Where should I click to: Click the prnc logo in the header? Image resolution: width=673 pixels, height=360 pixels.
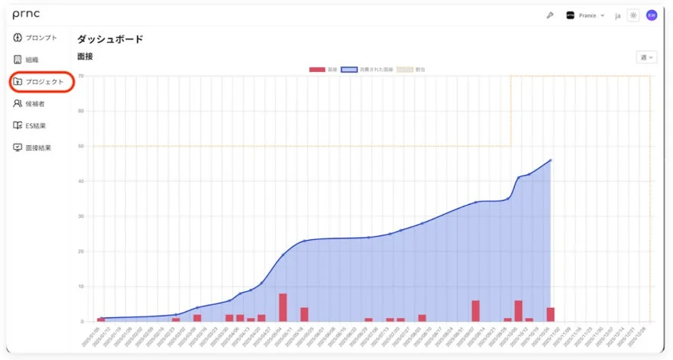coord(28,15)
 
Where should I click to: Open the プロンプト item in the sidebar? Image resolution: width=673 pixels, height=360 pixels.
coord(36,37)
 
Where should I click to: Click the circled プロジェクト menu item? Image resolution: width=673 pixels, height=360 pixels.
coord(43,82)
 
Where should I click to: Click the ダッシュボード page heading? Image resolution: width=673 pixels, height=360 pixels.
coord(110,39)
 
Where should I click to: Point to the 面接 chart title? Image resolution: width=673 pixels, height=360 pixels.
coord(85,57)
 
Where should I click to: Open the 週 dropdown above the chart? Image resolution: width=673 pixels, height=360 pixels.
coord(645,57)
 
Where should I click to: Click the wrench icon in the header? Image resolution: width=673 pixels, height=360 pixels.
coord(549,15)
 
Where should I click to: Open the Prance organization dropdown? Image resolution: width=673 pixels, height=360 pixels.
coord(585,15)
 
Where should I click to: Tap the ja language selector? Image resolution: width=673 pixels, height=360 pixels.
coord(617,15)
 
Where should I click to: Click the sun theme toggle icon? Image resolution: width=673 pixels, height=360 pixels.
coord(633,15)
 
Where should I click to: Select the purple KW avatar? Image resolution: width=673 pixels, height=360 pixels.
coord(652,15)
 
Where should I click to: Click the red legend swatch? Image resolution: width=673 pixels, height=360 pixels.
coord(317,70)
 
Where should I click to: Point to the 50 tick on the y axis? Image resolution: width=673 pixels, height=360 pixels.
coord(81,146)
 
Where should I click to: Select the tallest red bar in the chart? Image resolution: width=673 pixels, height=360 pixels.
coord(283,307)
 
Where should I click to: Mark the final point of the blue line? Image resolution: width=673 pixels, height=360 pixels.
coord(551,161)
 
